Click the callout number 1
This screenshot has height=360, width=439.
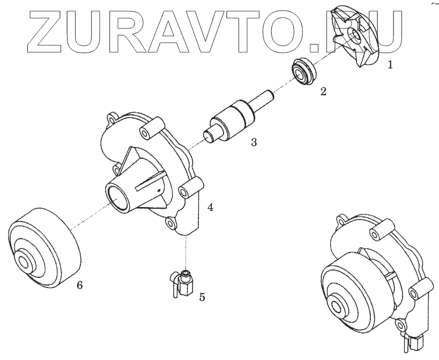tap(390, 65)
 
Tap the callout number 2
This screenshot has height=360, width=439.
tap(323, 91)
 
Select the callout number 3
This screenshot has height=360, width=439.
tap(254, 142)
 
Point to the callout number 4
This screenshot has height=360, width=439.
tap(210, 207)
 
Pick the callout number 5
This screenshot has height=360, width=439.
tap(202, 297)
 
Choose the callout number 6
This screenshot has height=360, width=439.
tap(80, 285)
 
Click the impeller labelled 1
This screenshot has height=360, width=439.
tap(355, 37)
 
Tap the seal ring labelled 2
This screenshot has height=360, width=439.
tap(303, 71)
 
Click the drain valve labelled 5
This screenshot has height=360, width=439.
tap(181, 283)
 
